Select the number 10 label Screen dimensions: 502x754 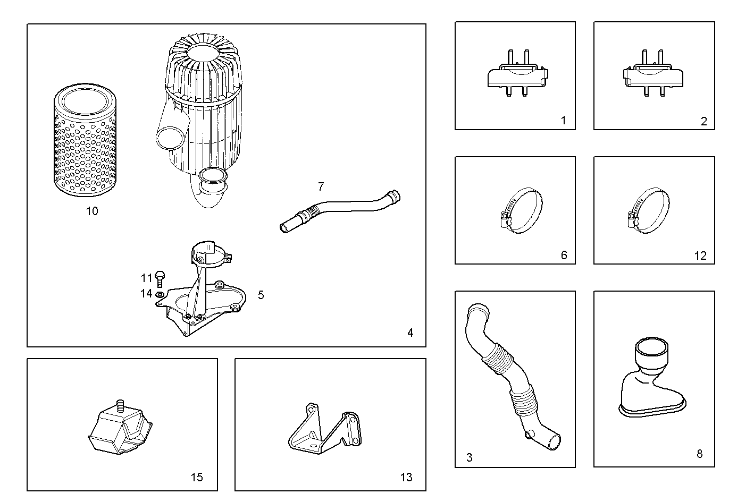coord(92,211)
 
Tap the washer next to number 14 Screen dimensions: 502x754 coord(160,294)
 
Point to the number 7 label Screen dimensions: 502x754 coord(321,186)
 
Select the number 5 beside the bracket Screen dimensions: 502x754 coord(261,295)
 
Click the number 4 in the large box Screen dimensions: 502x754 coord(410,333)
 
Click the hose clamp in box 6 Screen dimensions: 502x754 coord(521,211)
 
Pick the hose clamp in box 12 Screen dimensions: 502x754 coord(648,211)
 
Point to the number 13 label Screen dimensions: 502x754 coord(406,478)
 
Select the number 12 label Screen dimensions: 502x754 coord(700,256)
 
